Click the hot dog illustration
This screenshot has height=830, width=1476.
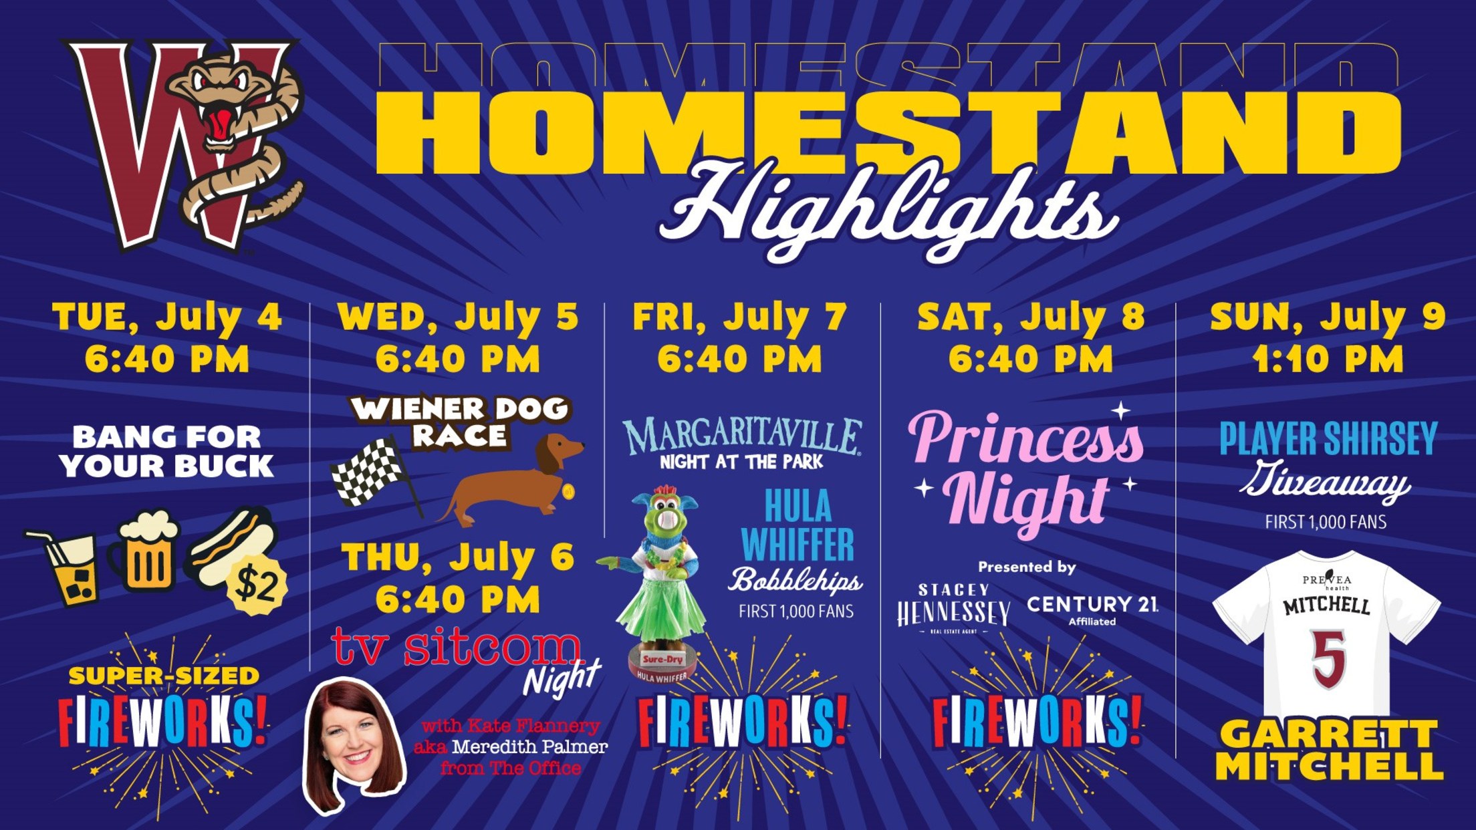coord(231,545)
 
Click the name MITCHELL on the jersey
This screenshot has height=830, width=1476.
coord(1327,606)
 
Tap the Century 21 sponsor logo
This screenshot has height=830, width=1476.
coord(1092,608)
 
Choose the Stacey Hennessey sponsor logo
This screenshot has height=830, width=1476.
coord(953,609)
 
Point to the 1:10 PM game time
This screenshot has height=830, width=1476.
coord(1328,360)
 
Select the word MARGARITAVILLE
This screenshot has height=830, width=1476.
coord(742,435)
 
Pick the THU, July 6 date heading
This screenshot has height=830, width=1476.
coord(459,557)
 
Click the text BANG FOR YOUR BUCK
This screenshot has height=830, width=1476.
coord(166,452)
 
